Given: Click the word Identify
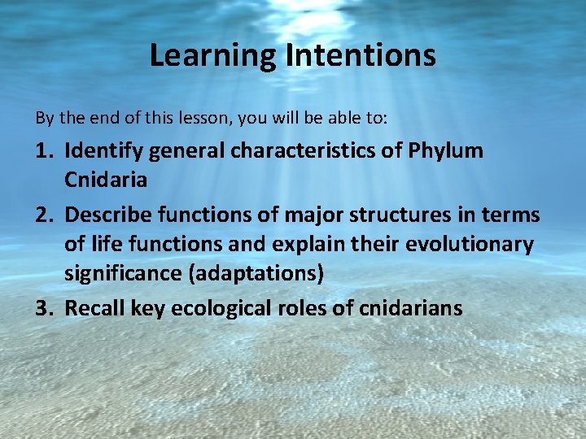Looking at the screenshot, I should [101, 150].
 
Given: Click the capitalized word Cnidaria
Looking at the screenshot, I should [106, 180].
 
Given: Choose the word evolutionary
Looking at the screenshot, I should [467, 244].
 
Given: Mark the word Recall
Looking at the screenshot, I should [91, 308].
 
